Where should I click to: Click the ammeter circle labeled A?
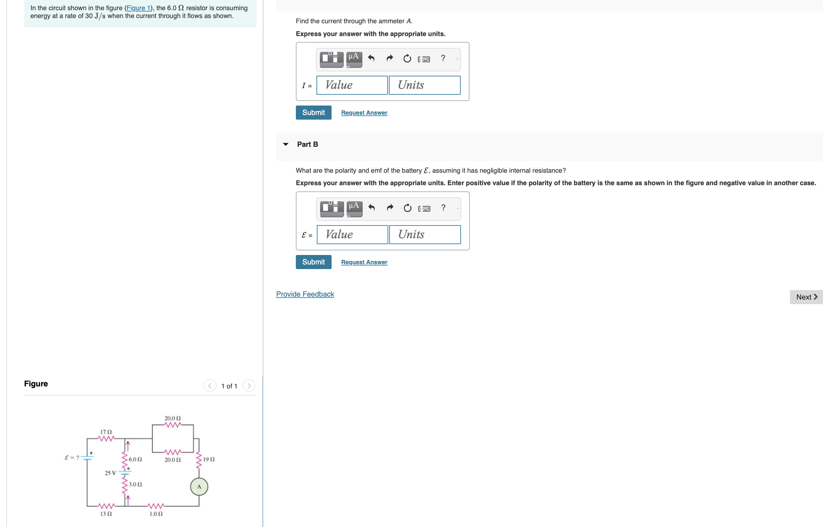(199, 486)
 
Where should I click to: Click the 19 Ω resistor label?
(209, 459)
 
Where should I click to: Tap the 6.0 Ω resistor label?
(135, 459)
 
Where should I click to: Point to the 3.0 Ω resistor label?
(135, 484)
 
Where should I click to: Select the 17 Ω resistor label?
(106, 432)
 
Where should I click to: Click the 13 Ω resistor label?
(106, 514)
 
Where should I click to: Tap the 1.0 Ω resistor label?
(156, 514)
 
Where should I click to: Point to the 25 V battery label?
(110, 473)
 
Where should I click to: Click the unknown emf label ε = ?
(72, 458)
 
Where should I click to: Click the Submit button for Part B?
(313, 262)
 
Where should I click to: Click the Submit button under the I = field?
(313, 113)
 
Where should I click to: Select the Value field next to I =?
(352, 85)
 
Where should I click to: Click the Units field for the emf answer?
(425, 235)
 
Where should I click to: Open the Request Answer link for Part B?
(364, 262)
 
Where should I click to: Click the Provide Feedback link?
(305, 294)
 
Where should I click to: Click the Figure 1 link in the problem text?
(139, 8)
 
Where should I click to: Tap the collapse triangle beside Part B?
(286, 145)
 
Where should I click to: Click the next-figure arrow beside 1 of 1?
(249, 386)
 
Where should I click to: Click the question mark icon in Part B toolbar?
(443, 208)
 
